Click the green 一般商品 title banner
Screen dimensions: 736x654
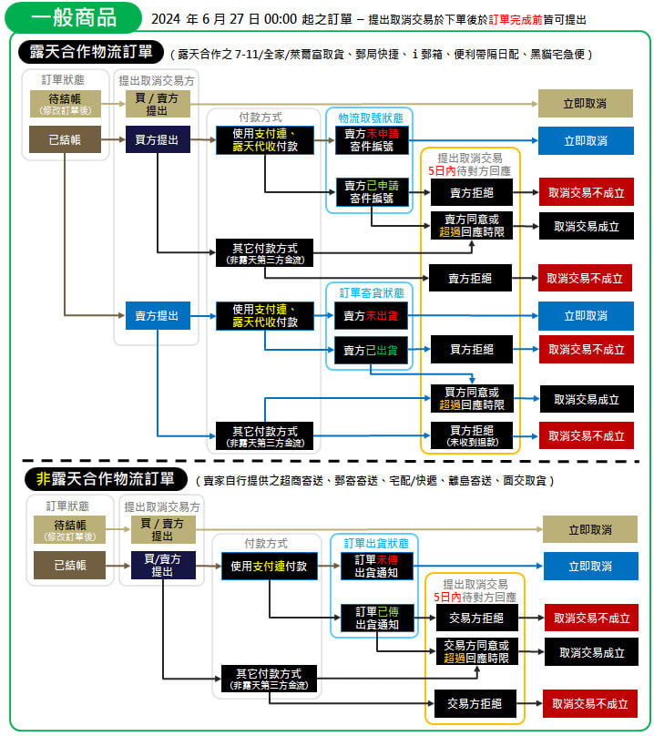coord(74,17)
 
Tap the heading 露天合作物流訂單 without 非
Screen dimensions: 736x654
coord(91,52)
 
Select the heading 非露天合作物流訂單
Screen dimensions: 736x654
coord(105,478)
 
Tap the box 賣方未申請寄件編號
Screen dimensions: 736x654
coord(370,139)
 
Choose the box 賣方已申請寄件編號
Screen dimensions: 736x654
coord(370,191)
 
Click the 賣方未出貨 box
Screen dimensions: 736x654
coord(370,316)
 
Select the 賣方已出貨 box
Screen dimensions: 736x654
coord(370,350)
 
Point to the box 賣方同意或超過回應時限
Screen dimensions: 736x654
coord(471,225)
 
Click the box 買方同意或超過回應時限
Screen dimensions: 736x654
coord(471,398)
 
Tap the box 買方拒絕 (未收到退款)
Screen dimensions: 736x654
coord(471,434)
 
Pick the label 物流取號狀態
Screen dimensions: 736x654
coord(370,118)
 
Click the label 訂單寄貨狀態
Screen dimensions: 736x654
coord(370,293)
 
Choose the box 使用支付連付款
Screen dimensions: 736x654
coord(269,566)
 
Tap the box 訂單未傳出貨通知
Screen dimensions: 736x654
coord(375,566)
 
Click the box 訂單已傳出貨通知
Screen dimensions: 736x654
coord(375,618)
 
